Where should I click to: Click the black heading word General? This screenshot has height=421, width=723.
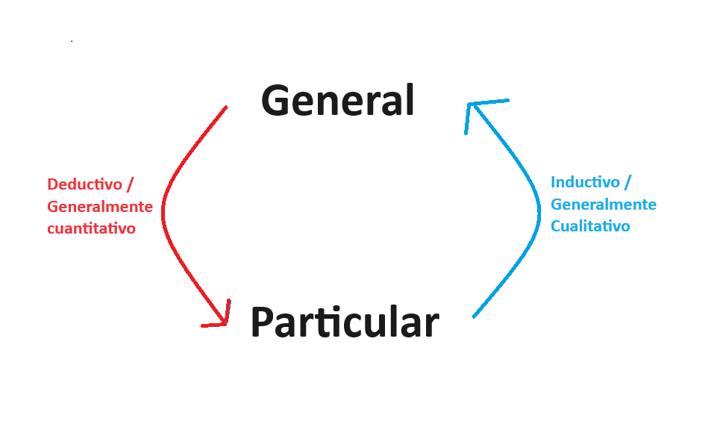point(337,100)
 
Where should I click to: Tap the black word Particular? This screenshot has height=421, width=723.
point(344,322)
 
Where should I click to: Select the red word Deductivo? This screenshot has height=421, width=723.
point(84,184)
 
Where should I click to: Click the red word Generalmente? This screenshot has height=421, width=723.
point(100,207)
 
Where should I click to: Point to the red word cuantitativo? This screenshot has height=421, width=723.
point(91,228)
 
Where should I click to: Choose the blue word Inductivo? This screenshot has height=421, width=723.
point(584,182)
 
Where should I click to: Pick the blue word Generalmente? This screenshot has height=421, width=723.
point(604,205)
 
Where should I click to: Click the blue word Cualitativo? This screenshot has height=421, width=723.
point(590,226)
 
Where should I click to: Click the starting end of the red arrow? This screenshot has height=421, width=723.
point(225,108)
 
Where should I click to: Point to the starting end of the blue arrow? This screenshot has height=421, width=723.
point(475,316)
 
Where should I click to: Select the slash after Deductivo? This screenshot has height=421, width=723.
point(131,184)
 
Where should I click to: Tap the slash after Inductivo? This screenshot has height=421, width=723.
point(627,182)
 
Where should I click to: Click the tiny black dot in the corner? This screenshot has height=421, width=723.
point(72,41)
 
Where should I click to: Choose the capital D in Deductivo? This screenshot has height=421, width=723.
point(52,184)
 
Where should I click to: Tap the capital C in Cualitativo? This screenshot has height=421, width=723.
point(556,226)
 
